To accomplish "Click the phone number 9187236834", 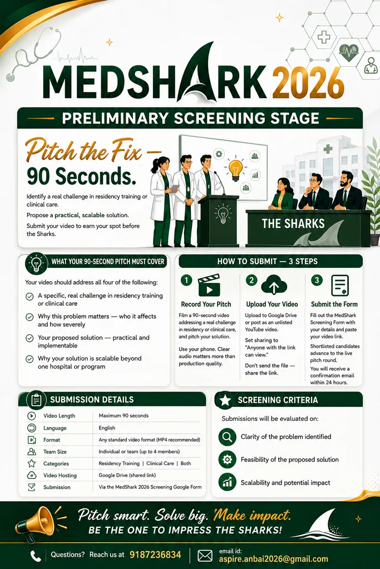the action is point(155,555).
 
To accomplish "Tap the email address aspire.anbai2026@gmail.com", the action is point(273,559).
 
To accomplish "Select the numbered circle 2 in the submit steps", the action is point(251,280).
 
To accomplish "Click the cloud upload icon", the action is point(274,285).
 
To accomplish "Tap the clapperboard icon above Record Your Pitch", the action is point(209,286).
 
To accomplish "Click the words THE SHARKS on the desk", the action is point(293,223).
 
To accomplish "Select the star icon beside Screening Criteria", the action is point(225,400).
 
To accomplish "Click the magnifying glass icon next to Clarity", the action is point(228,437).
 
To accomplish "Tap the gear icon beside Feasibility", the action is point(228,460).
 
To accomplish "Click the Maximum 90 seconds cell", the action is point(124,416).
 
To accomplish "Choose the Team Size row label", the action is point(55,452).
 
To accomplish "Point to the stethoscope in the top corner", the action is point(33,54).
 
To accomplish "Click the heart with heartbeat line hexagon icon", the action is point(348,53).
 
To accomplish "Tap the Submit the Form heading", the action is point(334,304).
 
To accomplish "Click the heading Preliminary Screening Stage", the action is point(190,118).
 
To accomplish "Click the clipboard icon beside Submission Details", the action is point(36,400).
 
